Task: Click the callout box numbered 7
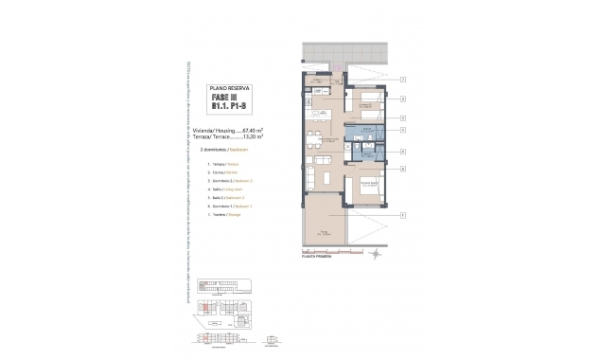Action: [402, 81]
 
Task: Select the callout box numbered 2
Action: [402, 98]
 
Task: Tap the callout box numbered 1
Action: [402, 216]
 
